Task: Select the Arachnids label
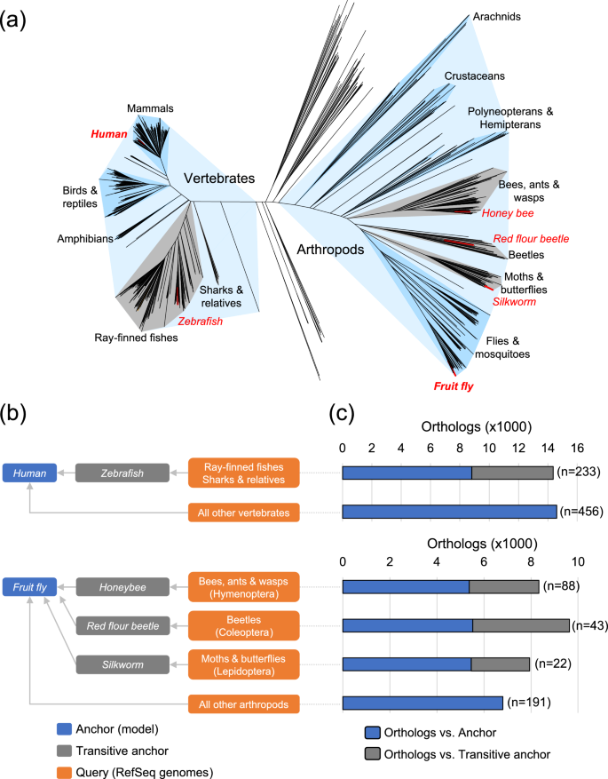pyautogui.click(x=497, y=16)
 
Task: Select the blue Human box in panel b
pyautogui.click(x=30, y=473)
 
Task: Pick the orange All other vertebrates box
pyautogui.click(x=243, y=511)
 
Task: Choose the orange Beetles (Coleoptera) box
pyautogui.click(x=243, y=624)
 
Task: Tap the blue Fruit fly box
pyautogui.click(x=30, y=585)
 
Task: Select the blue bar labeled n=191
pyautogui.click(x=422, y=703)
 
